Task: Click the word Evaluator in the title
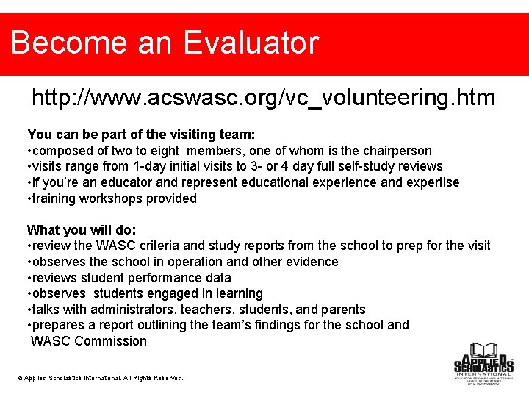coord(251,43)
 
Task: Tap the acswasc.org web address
coord(263,97)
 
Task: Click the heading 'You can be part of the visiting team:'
coord(141,135)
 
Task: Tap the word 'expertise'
coord(431,182)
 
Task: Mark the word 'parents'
coord(342,310)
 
